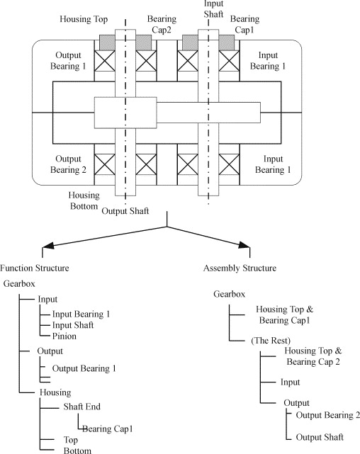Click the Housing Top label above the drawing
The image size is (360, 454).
(84, 19)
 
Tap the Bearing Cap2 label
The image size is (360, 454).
(162, 24)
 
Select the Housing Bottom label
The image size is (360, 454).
(84, 200)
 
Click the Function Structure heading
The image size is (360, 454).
(35, 268)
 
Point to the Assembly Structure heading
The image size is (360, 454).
(240, 268)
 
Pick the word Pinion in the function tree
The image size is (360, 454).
(64, 336)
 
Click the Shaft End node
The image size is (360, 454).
(82, 407)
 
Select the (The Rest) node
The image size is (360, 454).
(271, 340)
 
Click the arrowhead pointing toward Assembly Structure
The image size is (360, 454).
(244, 245)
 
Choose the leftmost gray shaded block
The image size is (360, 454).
(107, 42)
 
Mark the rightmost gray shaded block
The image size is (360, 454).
(227, 42)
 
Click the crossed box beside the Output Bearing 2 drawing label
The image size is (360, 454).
(105, 164)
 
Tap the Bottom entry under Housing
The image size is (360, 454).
(77, 450)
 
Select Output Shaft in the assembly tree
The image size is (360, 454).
(320, 437)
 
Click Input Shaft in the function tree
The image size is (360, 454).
(73, 325)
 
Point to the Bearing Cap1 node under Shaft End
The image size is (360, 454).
(108, 429)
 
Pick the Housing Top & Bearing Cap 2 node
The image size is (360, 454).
(313, 356)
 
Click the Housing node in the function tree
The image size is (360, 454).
(55, 392)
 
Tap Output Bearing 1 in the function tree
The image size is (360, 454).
(84, 368)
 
